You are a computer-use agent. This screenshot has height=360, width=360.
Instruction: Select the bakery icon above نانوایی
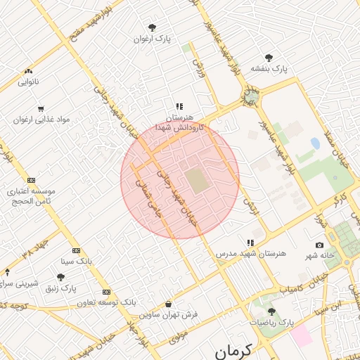[x=28, y=71]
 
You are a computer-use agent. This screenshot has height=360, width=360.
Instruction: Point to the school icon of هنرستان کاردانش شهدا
[x=179, y=106]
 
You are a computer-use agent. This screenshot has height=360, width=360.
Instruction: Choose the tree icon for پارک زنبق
[x=60, y=277]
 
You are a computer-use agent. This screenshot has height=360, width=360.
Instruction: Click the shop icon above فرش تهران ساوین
[x=168, y=304]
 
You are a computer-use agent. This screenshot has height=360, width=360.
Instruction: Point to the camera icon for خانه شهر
[x=320, y=245]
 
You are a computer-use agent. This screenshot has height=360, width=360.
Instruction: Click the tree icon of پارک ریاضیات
[x=271, y=311]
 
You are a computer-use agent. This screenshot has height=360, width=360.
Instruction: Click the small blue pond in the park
[x=315, y=143]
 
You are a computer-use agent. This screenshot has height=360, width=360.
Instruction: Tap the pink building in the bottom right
[x=302, y=335]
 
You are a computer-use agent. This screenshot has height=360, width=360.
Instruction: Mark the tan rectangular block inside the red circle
[x=198, y=179]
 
